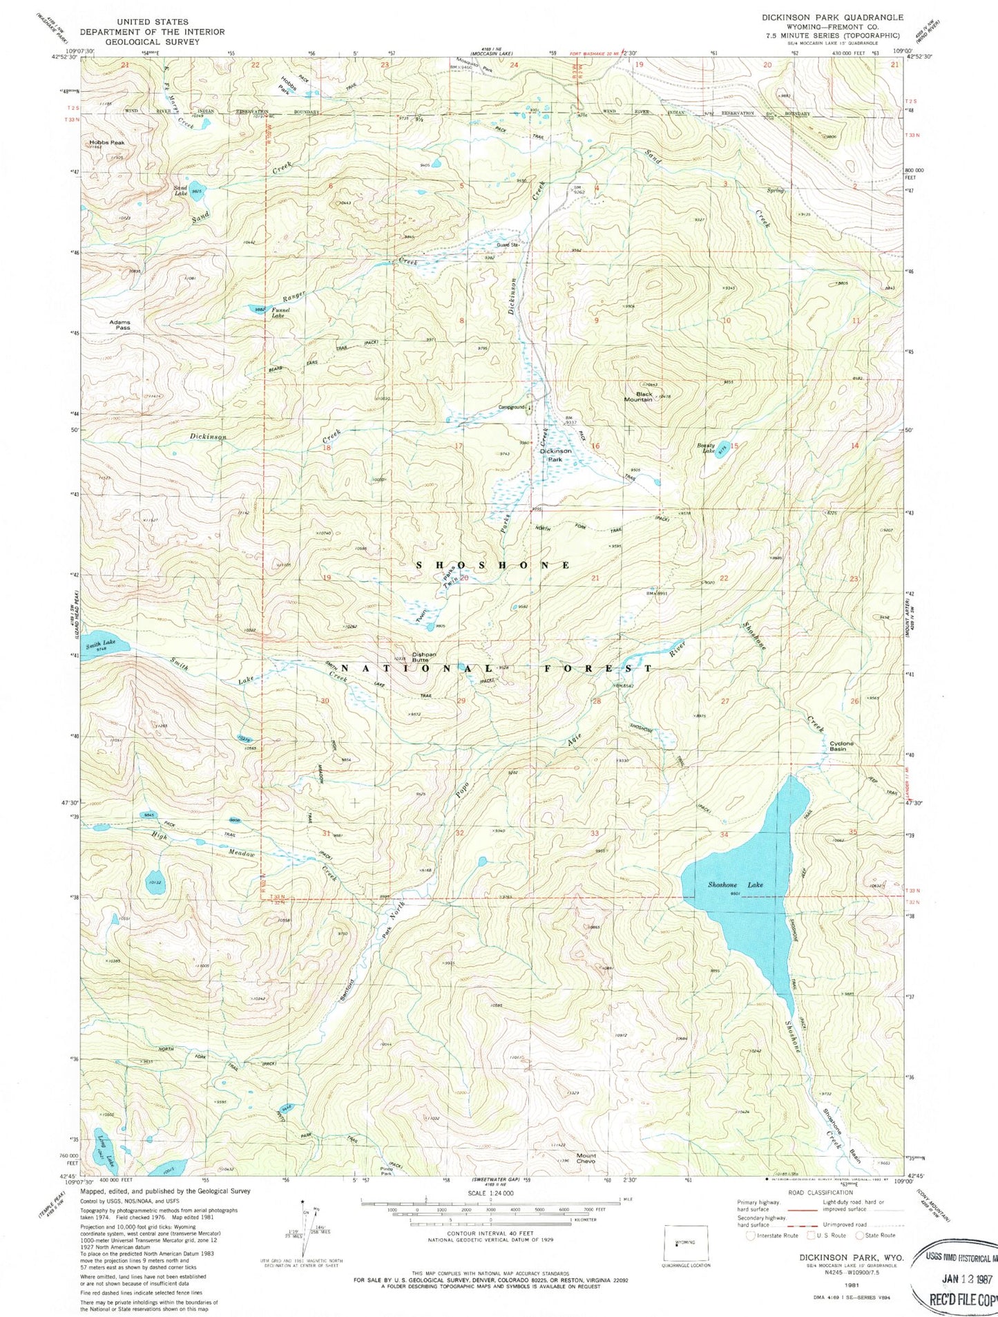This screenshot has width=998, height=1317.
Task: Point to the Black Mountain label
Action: (637, 395)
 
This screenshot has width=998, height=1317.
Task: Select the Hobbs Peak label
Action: (106, 144)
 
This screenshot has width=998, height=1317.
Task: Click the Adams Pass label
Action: (119, 325)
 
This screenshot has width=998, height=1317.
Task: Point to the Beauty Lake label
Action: (709, 449)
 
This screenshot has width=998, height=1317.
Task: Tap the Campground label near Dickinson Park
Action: (512, 407)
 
